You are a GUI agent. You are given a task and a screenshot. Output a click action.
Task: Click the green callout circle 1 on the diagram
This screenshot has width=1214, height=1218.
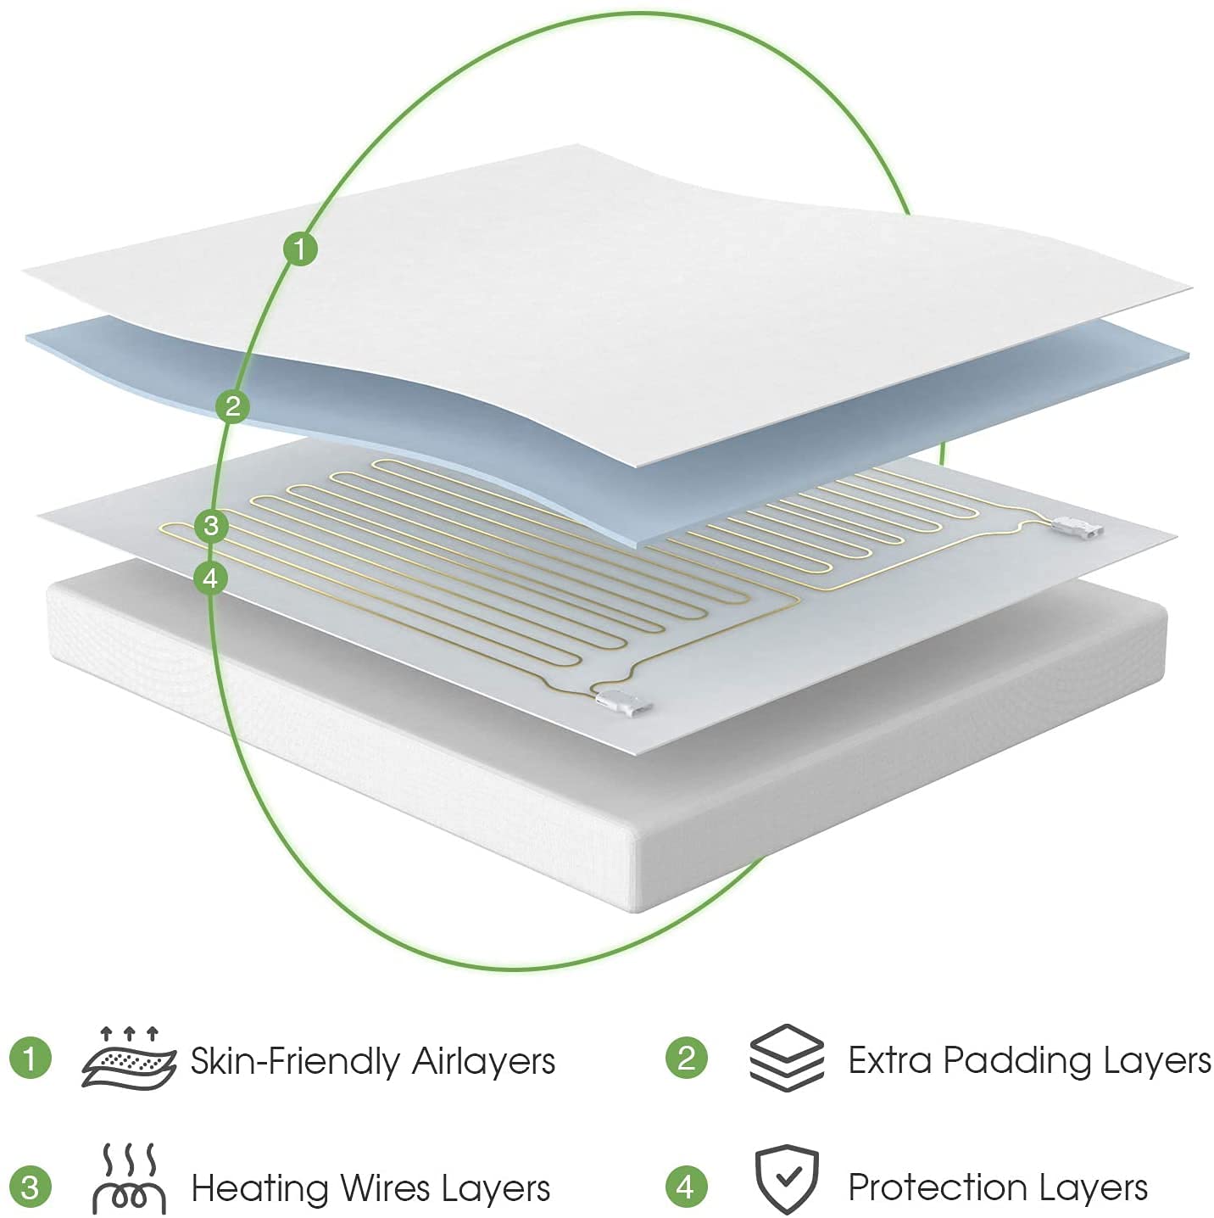299,249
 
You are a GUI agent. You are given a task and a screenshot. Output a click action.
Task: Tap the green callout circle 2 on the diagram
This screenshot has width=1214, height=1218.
232,406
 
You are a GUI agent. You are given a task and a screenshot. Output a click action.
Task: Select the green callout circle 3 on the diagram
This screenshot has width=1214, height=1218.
211,526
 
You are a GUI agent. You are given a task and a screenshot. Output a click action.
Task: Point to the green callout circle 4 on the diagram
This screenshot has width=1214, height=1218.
210,578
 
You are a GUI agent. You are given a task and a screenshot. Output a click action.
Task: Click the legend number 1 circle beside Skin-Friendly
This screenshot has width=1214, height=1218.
31,1059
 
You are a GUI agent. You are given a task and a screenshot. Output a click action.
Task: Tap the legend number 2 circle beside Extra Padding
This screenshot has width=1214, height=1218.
686,1058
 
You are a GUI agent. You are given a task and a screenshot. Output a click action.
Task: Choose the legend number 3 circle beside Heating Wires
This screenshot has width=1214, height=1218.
31,1187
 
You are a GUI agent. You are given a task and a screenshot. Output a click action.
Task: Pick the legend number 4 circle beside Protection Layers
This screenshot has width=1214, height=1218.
686,1187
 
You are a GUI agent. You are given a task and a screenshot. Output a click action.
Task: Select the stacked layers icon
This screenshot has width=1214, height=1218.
786,1057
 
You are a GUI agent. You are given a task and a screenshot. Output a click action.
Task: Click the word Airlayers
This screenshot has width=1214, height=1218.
483,1061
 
